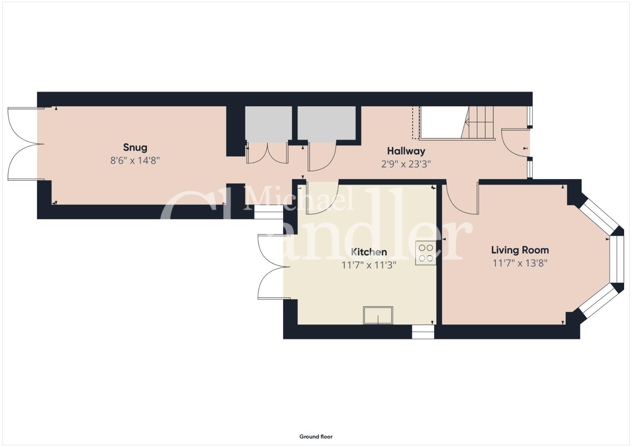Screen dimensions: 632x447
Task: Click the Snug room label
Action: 135,147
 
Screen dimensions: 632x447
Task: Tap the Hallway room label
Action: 406,151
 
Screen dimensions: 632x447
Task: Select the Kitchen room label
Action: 369,252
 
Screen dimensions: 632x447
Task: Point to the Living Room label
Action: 520,250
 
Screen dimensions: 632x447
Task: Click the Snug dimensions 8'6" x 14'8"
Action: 135,161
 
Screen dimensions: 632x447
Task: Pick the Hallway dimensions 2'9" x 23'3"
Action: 406,164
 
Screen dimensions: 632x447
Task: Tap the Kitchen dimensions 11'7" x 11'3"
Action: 369,265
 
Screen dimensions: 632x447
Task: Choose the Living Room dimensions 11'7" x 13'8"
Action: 520,263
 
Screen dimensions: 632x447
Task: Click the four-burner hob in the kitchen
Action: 426,253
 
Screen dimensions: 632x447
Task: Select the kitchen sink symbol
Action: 378,315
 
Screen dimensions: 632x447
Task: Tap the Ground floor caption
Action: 316,437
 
